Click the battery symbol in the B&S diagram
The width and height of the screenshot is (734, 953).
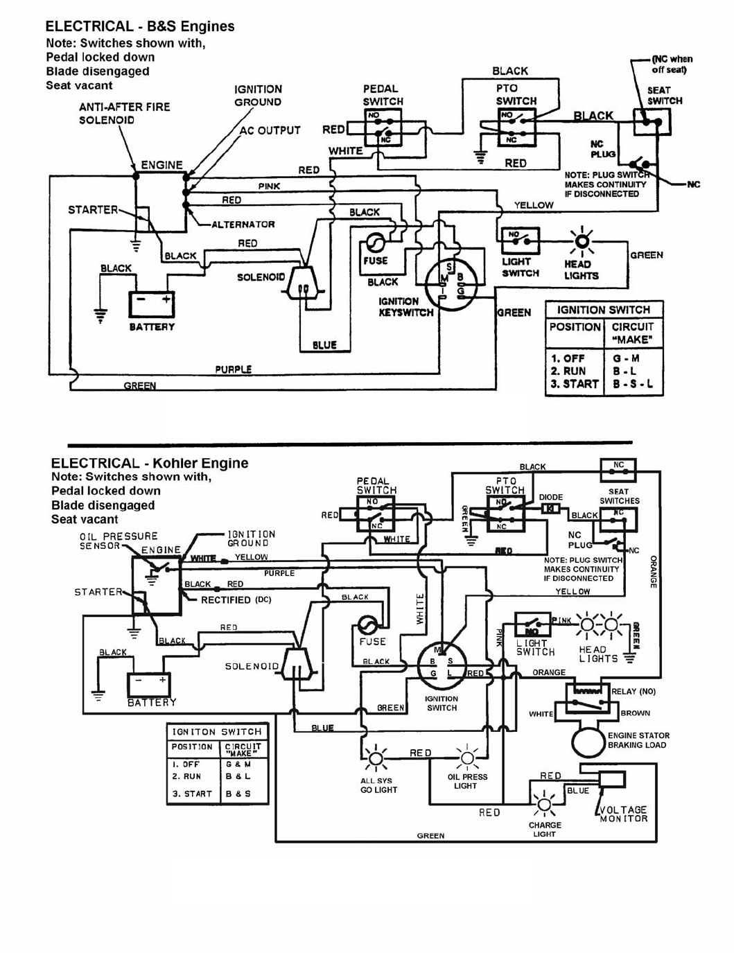point(151,304)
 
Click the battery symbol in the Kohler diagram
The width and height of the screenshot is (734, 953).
point(148,685)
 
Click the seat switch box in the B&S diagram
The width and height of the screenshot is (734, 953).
point(651,123)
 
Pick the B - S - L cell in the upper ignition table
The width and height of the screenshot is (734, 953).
point(633,384)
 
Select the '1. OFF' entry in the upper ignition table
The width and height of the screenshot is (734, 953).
point(568,358)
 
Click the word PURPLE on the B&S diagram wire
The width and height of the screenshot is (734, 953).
point(234,369)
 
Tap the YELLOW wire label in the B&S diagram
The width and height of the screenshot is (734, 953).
point(534,205)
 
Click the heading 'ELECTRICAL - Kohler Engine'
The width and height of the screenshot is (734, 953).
point(150,463)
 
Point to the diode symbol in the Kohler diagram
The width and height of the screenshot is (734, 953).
point(550,509)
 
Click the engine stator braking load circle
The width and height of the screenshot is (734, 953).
point(588,741)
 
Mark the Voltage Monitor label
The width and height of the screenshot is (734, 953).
point(623,814)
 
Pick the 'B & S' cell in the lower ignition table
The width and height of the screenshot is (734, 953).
point(238,794)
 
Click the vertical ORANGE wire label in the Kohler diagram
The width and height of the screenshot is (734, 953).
point(653,572)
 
